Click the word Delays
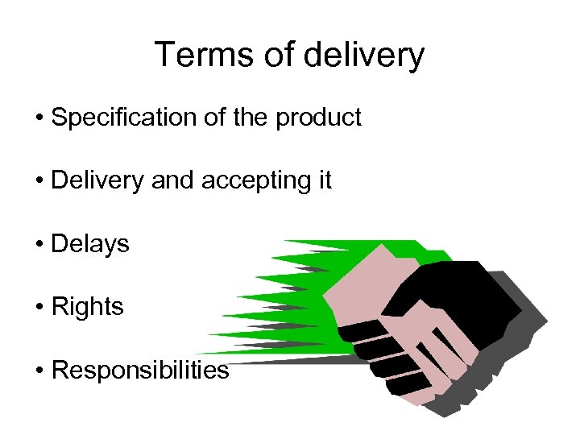coord(89,243)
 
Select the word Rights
coord(87,307)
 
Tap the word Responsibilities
coord(139,370)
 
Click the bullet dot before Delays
coord(39,244)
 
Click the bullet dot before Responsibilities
coord(39,371)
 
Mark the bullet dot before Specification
coord(39,118)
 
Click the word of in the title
coord(275,56)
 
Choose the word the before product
coord(252,118)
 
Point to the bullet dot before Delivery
coord(39,181)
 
